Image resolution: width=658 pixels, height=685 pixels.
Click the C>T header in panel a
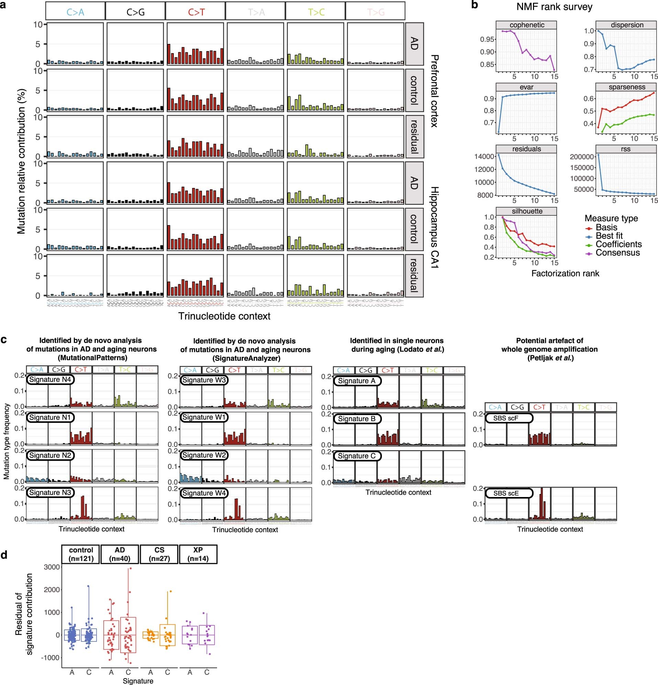[x=196, y=12]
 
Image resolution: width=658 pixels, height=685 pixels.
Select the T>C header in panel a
[x=316, y=12]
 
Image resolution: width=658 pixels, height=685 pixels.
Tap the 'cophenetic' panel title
[x=527, y=25]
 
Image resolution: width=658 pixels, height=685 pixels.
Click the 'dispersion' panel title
[x=627, y=25]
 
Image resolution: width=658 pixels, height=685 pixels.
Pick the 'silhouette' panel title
[x=527, y=211]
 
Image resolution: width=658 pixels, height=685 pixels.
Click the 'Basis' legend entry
[x=606, y=227]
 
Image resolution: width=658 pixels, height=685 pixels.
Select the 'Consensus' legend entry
[x=617, y=253]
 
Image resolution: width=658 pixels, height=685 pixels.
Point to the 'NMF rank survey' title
[x=554, y=7]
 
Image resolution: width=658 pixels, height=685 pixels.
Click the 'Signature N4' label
[x=50, y=380]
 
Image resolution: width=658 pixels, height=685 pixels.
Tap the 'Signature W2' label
[x=204, y=456]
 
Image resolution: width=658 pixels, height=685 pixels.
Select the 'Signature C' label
[x=356, y=456]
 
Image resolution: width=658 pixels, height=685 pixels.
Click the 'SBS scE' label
[x=506, y=494]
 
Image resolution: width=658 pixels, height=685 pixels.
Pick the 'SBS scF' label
[x=506, y=418]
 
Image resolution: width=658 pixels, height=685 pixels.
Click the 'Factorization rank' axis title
[x=565, y=273]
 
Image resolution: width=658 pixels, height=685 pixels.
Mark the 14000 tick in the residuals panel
[x=485, y=156]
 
